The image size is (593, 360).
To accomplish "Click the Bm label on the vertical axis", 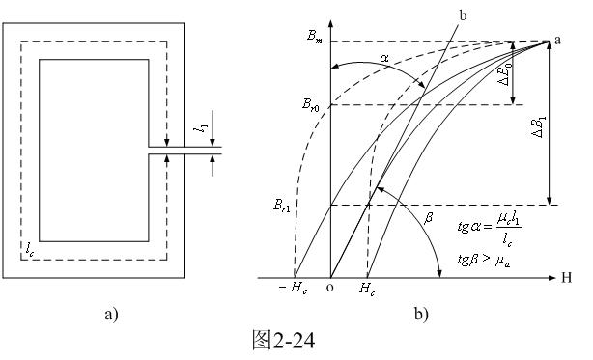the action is tap(314, 37).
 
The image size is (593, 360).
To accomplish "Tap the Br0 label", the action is tap(310, 105).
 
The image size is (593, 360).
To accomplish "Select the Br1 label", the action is tap(282, 206).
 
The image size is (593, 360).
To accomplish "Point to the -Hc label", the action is tap(293, 289).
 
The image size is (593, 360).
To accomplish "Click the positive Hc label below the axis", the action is tap(366, 289).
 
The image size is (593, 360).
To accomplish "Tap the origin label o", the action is tap(330, 288).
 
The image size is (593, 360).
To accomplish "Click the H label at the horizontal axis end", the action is tap(567, 278).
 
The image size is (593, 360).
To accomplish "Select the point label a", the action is tap(557, 40).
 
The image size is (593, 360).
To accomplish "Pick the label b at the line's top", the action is tap(463, 15).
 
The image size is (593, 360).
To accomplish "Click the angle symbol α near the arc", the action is tap(384, 58).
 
